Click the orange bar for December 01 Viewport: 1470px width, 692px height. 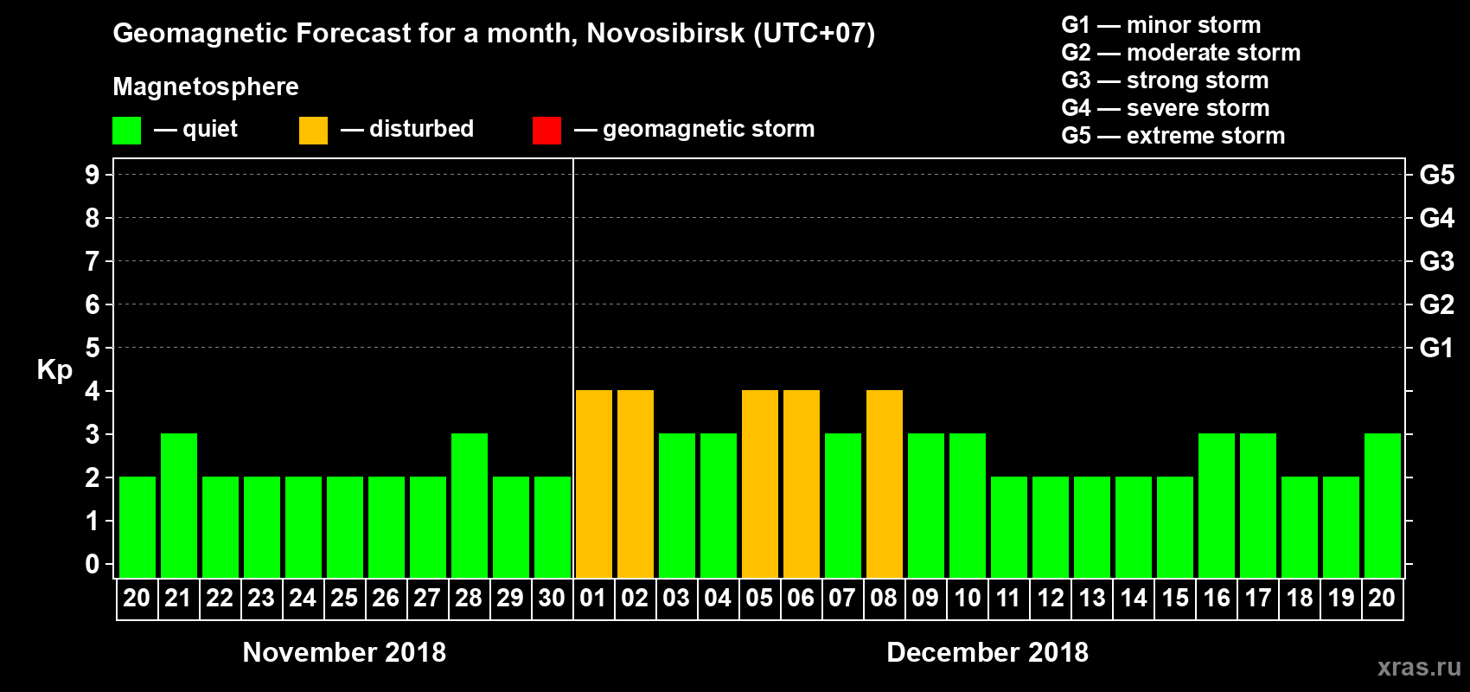pos(593,484)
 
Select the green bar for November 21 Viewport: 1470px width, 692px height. pos(179,505)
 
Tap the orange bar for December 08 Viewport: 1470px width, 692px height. pos(884,484)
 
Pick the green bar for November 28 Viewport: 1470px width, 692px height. pos(470,505)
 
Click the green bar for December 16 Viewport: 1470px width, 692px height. pos(1217,505)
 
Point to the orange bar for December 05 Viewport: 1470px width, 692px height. pos(759,484)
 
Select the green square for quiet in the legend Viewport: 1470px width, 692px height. pos(126,131)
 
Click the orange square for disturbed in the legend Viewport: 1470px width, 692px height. pos(313,131)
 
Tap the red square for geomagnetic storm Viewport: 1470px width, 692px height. pos(546,131)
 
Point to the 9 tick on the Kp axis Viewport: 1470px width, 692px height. pos(92,175)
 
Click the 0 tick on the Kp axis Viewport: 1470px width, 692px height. pos(92,565)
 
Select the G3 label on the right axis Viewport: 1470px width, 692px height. pos(1436,261)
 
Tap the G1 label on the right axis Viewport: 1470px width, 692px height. pos(1436,348)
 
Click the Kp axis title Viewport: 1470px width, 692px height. pos(54,370)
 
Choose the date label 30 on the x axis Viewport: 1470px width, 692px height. pos(552,598)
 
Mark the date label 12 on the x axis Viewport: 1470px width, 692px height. pos(1051,598)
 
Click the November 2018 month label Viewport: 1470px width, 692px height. pos(344,652)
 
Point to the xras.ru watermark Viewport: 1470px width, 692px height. pos(1419,667)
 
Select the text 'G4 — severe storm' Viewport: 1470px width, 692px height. pos(1165,108)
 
